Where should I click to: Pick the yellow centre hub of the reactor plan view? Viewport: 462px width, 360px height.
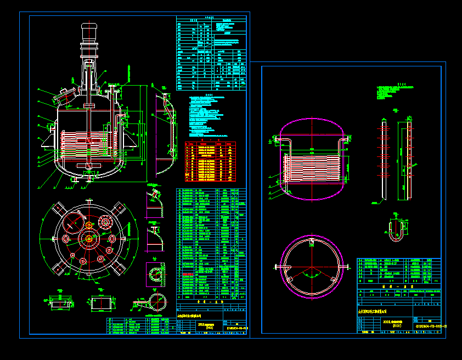[88, 239]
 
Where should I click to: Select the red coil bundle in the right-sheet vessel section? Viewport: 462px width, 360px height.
[313, 166]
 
